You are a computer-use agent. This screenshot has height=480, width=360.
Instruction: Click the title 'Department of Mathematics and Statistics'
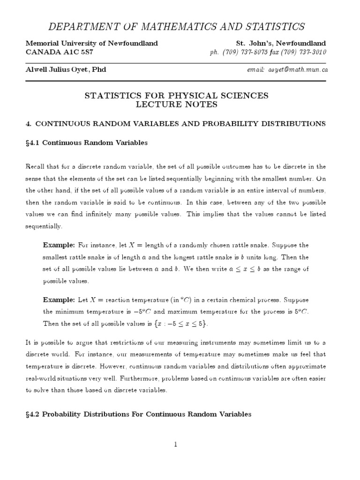180,26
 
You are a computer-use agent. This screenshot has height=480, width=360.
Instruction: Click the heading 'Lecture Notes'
176,105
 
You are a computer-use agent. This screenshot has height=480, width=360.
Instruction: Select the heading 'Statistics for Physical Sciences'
176,96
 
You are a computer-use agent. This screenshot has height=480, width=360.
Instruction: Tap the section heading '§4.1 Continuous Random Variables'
87,143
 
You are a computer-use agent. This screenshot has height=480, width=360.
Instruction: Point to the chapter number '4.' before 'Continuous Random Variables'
28,124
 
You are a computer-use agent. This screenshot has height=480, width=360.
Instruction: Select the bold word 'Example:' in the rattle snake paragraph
59,245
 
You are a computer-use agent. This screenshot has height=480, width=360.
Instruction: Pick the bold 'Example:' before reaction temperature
59,300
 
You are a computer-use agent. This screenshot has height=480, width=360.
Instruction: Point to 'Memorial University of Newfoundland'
91,43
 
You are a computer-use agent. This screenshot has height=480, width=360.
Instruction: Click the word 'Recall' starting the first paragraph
36,166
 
